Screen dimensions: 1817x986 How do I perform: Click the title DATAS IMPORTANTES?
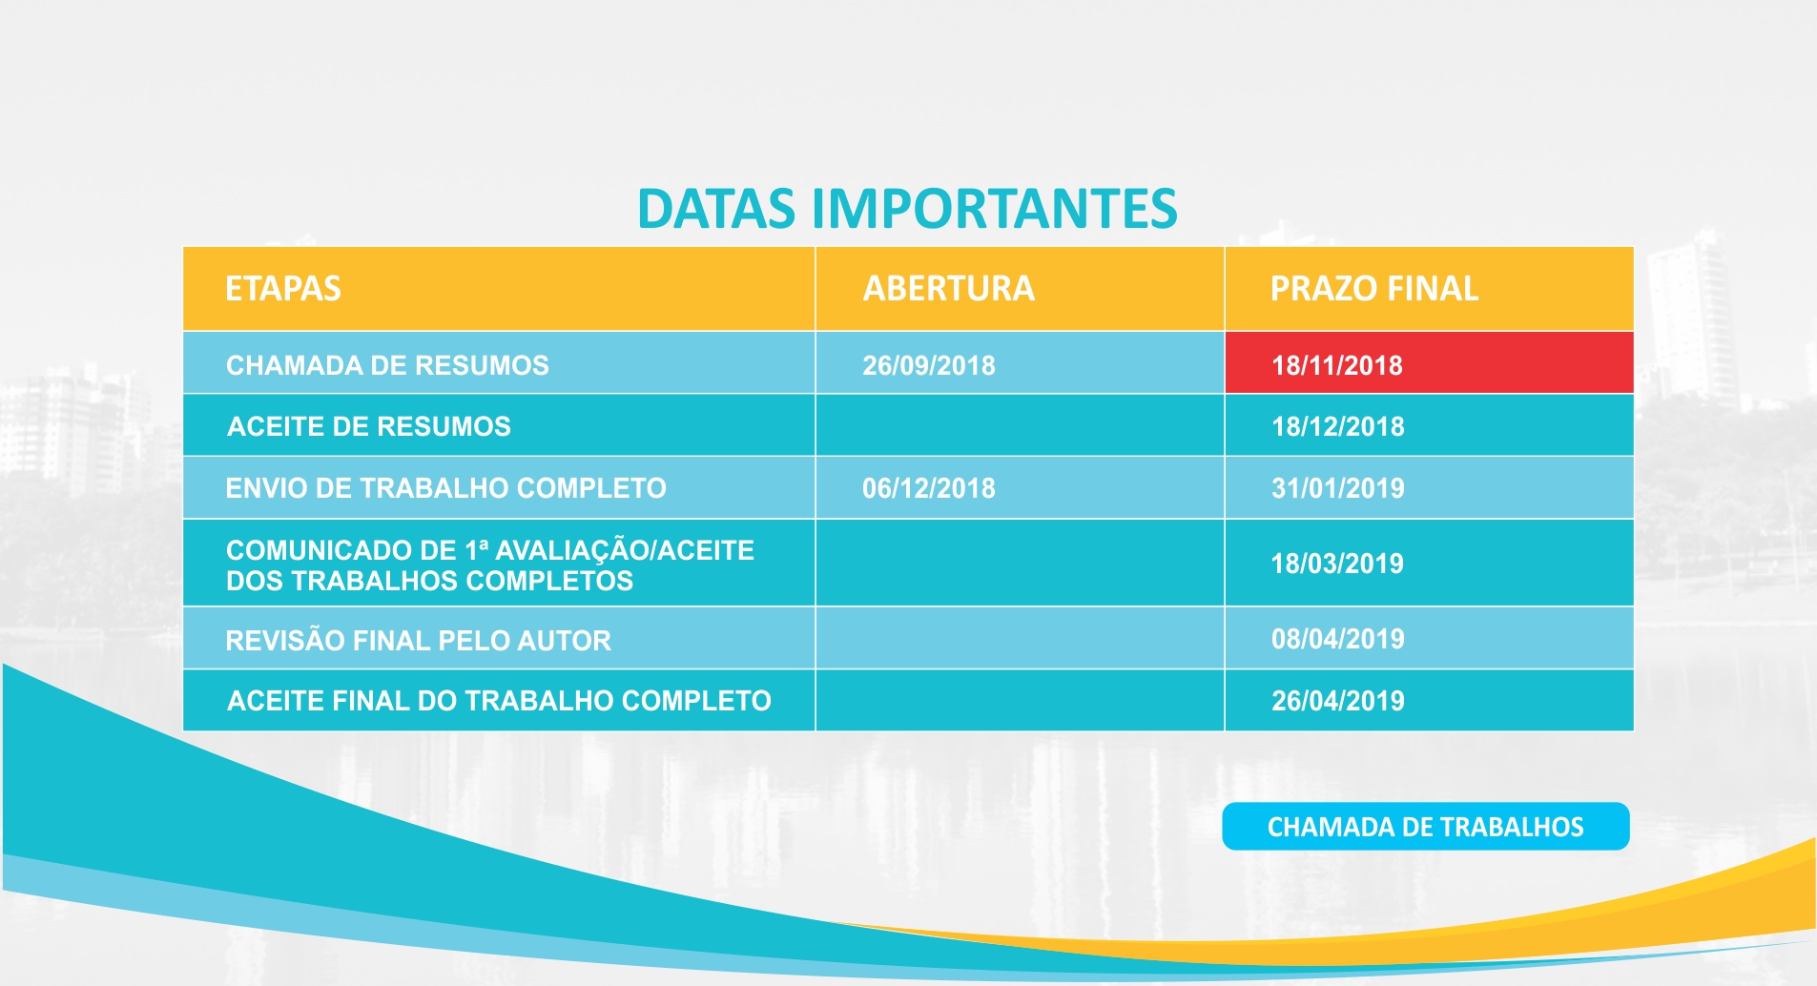click(907, 209)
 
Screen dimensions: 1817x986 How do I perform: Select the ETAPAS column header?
click(283, 289)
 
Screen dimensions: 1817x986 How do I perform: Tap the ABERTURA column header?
click(949, 289)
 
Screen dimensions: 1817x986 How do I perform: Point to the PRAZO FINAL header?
click(1374, 289)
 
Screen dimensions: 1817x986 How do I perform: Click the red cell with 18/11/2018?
click(1429, 362)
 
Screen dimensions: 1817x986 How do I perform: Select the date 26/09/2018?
click(929, 365)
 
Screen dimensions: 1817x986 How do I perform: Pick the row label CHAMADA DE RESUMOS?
click(387, 365)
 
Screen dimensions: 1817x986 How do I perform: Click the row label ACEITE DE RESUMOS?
click(369, 426)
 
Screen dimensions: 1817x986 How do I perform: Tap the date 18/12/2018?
click(1338, 426)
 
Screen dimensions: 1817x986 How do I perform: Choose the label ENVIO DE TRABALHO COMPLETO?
click(445, 488)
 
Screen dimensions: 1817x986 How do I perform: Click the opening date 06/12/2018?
click(929, 488)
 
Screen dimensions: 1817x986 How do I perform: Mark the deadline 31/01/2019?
click(1338, 488)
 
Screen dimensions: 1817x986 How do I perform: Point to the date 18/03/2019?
click(1337, 564)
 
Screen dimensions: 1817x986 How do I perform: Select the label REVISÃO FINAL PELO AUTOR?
click(418, 640)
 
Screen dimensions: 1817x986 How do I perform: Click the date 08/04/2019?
click(1338, 639)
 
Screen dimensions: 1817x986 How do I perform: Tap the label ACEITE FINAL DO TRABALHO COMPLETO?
click(499, 701)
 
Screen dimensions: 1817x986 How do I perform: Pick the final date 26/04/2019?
click(1338, 701)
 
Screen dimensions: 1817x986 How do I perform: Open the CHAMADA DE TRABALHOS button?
click(1426, 826)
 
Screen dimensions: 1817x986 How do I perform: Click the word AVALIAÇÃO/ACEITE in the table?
click(625, 550)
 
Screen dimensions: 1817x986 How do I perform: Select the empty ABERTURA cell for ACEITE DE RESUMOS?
click(1020, 425)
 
